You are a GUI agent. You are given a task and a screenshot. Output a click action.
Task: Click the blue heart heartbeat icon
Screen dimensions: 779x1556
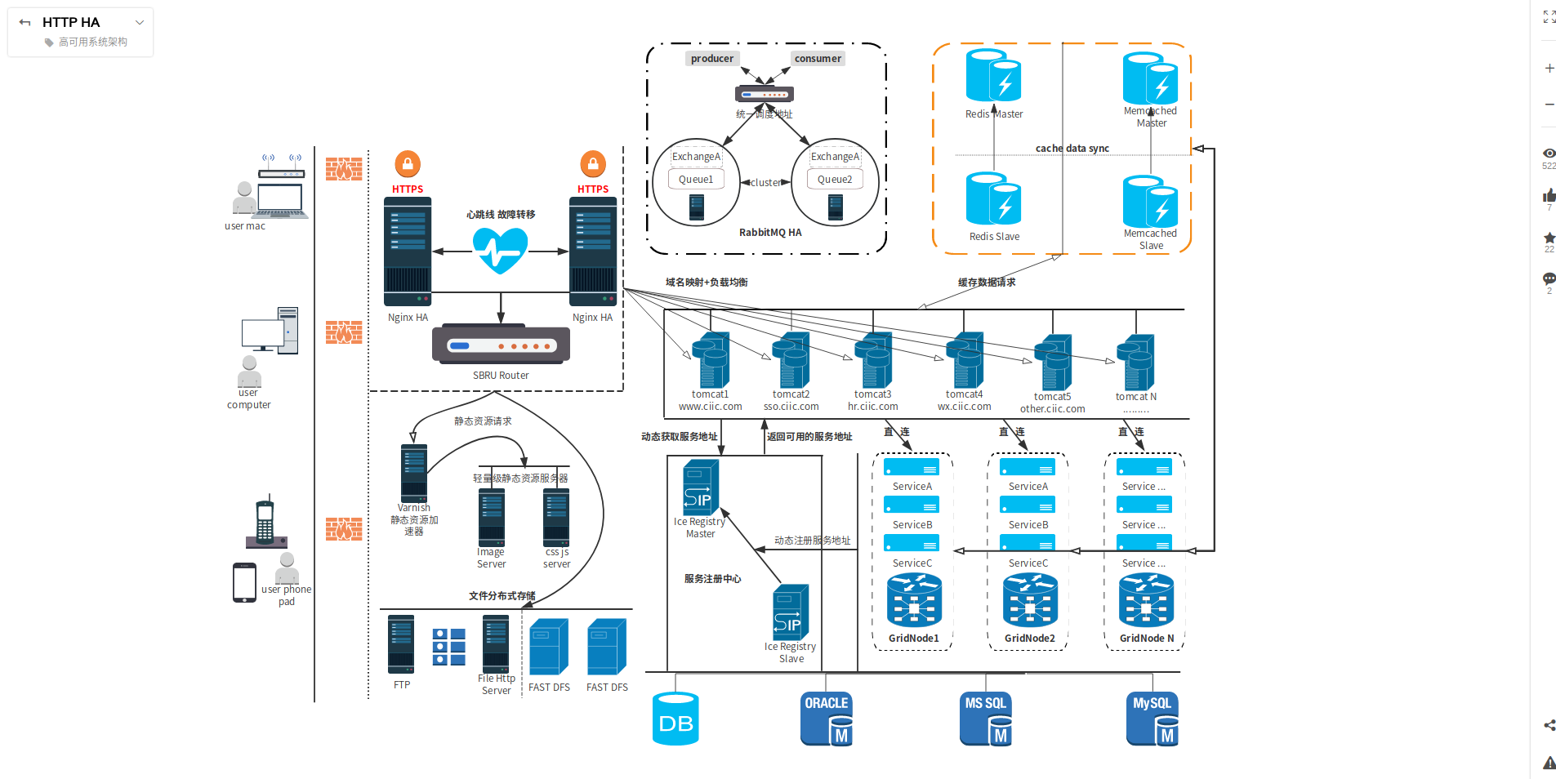500,250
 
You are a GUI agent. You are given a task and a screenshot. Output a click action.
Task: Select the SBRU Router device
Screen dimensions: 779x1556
501,345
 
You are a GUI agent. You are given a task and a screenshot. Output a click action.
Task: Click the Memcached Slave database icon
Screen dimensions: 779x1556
1150,202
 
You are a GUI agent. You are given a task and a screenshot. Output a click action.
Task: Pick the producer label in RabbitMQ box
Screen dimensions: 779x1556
711,59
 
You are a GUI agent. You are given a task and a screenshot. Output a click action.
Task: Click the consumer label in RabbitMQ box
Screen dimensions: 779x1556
818,59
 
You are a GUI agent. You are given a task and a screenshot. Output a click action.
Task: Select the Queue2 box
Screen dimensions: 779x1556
835,180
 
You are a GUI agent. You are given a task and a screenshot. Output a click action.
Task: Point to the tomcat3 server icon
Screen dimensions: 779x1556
873,360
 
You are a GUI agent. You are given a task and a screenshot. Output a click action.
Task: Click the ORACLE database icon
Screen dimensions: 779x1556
827,719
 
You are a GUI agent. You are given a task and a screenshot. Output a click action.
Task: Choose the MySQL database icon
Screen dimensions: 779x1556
1152,719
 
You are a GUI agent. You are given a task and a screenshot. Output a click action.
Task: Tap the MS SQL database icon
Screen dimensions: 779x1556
986,719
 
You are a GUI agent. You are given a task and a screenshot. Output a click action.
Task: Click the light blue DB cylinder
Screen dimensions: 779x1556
675,719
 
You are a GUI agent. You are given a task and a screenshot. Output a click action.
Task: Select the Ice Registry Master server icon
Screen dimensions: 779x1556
701,487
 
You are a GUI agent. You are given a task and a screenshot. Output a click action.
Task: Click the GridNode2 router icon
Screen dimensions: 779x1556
1030,600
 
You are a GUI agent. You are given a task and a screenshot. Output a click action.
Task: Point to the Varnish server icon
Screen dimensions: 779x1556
414,473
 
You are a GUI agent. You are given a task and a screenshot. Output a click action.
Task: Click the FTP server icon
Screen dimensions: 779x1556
401,644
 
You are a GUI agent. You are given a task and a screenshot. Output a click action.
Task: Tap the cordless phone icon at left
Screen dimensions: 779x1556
265,523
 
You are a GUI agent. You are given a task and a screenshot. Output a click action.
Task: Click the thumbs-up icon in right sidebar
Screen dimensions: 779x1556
1549,196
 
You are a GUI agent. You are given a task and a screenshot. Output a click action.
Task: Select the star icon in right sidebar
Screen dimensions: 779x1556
1549,238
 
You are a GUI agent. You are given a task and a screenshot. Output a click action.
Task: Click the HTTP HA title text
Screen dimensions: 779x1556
71,22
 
